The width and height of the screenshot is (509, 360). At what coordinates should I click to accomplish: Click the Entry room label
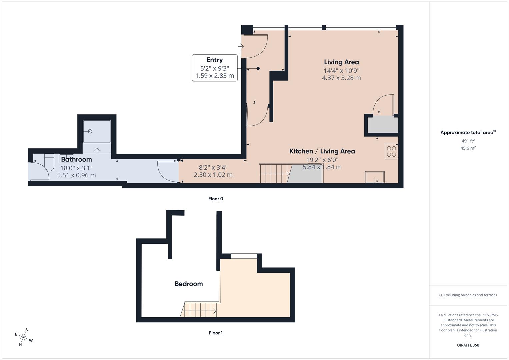(x=214, y=60)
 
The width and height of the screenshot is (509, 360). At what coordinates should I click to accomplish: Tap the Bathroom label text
(x=76, y=159)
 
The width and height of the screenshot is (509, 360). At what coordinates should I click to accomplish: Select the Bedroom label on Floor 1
(x=189, y=284)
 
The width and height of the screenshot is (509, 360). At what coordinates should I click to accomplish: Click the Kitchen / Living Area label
(x=322, y=151)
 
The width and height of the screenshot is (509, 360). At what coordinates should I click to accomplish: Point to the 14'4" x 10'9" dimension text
(x=341, y=71)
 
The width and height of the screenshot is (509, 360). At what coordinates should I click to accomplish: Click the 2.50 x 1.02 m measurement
(x=213, y=175)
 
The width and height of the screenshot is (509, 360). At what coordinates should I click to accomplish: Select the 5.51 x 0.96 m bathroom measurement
(x=76, y=175)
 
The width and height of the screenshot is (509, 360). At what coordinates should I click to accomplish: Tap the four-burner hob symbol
(x=391, y=151)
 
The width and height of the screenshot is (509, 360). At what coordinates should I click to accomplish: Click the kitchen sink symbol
(x=375, y=177)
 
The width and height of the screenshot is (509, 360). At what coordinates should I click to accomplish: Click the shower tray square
(x=97, y=131)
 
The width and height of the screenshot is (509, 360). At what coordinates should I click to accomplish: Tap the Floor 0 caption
(x=216, y=199)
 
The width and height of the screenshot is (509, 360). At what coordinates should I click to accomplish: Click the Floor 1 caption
(x=216, y=333)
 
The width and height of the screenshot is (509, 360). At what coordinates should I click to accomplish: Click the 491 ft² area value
(x=468, y=141)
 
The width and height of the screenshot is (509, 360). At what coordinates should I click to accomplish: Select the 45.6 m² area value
(x=468, y=148)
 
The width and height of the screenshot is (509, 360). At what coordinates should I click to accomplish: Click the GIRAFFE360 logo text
(x=468, y=345)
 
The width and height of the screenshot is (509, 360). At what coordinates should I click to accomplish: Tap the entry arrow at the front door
(x=241, y=47)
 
